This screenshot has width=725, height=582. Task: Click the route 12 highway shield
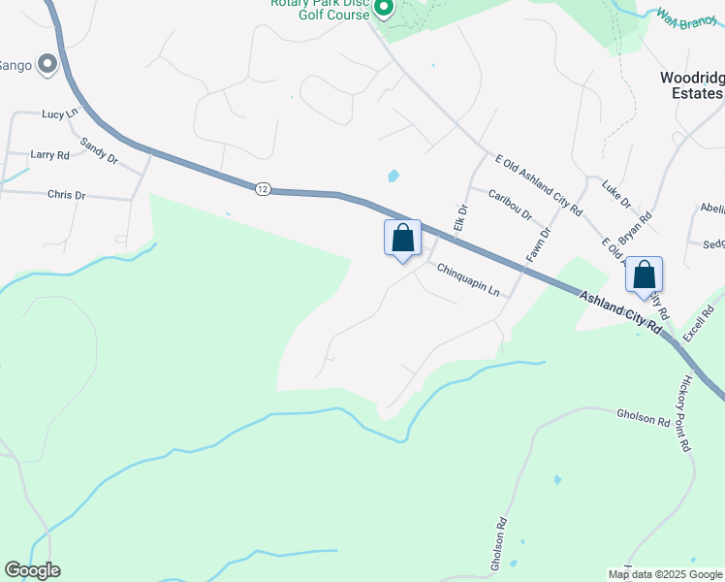(x=263, y=188)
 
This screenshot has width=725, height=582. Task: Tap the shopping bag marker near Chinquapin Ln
(x=403, y=238)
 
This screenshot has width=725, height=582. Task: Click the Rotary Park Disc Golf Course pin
(x=383, y=10)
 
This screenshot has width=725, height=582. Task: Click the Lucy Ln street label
(x=59, y=114)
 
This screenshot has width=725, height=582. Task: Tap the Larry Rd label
(x=49, y=154)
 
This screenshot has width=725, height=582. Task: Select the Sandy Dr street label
(x=99, y=150)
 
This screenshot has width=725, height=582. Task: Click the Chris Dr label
(x=66, y=195)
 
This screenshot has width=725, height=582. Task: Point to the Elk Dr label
(x=461, y=220)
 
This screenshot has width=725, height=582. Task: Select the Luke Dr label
(x=616, y=193)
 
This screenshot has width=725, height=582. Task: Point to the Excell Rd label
(x=698, y=321)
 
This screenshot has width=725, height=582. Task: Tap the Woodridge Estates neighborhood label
(x=691, y=85)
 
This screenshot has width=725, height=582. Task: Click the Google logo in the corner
(x=33, y=570)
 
